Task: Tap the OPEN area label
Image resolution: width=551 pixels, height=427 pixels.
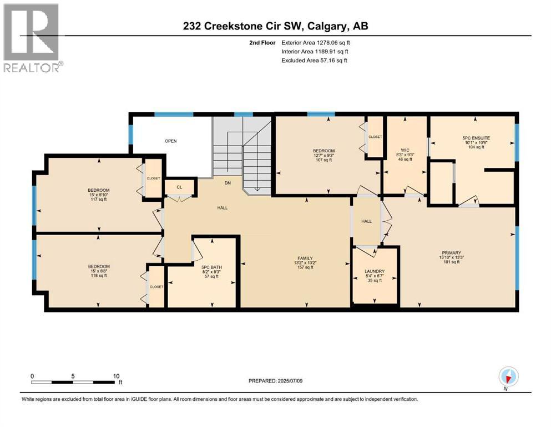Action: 170,141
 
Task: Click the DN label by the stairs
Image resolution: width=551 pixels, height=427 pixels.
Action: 227,183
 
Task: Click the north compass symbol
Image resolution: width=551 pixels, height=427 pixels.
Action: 508,376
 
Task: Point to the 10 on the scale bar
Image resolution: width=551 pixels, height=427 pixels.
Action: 116,376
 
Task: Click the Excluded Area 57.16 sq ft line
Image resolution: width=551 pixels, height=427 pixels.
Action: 314,60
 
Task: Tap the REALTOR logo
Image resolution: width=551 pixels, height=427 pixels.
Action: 32,37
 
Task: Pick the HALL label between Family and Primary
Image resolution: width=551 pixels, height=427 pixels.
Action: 366,221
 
